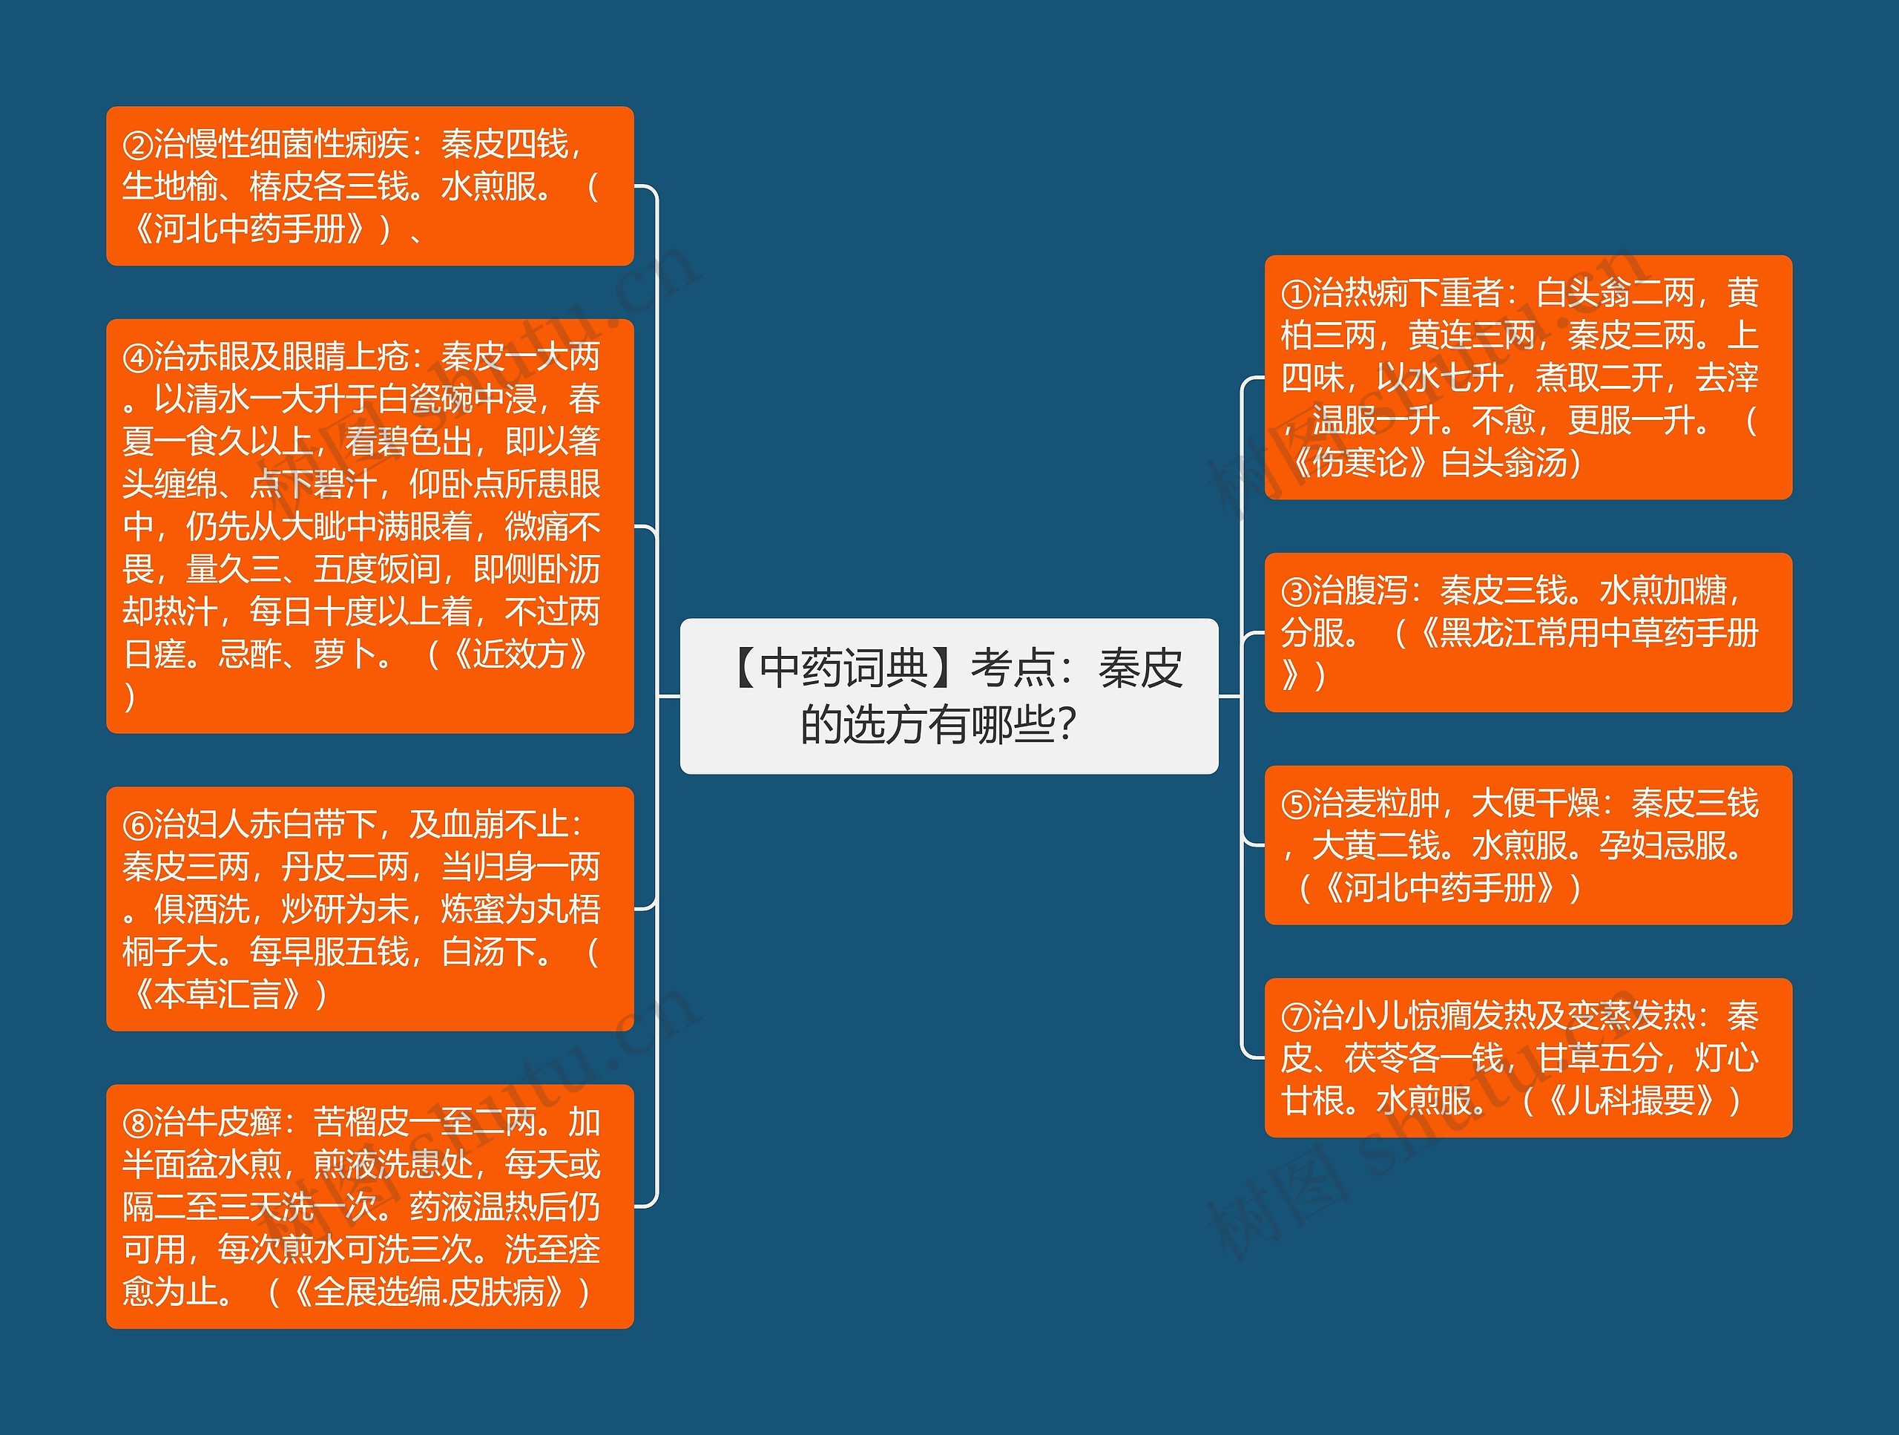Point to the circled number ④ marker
pos(137,357)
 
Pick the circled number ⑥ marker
pos(137,825)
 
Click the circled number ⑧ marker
pos(137,1123)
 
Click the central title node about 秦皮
pos(949,695)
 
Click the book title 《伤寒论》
pos(1360,463)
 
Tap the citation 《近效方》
pos(519,654)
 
